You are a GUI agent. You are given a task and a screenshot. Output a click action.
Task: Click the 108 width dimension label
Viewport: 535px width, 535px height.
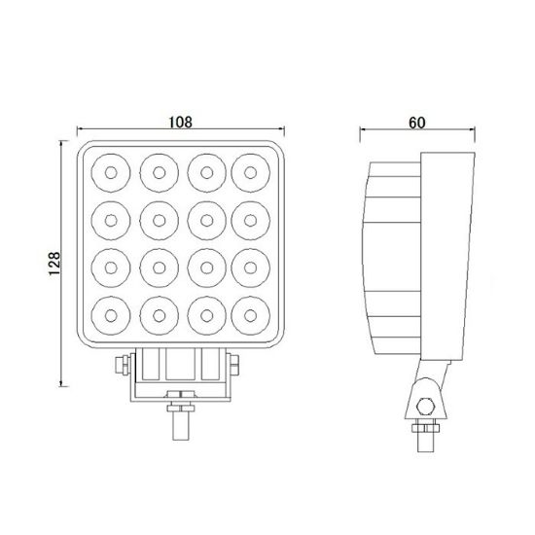(x=180, y=124)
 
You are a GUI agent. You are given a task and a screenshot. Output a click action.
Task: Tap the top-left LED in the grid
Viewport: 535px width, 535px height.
(x=109, y=173)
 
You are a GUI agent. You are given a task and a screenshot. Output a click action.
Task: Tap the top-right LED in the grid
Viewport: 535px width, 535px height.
(x=251, y=173)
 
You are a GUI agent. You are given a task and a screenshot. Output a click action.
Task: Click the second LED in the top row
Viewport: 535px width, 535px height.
(x=157, y=173)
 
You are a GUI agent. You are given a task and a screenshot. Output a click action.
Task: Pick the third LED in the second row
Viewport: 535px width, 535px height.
(x=204, y=220)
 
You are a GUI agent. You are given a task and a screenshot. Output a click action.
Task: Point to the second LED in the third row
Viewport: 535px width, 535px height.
(x=157, y=267)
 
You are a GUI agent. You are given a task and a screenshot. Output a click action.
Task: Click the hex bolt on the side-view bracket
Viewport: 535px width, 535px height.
(x=424, y=408)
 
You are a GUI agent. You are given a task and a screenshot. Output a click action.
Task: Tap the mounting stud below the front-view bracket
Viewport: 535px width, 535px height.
(x=180, y=417)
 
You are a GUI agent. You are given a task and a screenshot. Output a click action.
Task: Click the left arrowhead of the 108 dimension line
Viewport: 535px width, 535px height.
(x=79, y=132)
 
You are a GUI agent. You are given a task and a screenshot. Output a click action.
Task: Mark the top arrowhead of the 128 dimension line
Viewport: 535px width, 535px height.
(x=64, y=143)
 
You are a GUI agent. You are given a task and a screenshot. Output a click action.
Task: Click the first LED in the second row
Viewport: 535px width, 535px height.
(x=109, y=220)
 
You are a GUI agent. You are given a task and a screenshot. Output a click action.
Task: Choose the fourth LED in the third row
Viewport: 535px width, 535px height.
(x=251, y=267)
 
